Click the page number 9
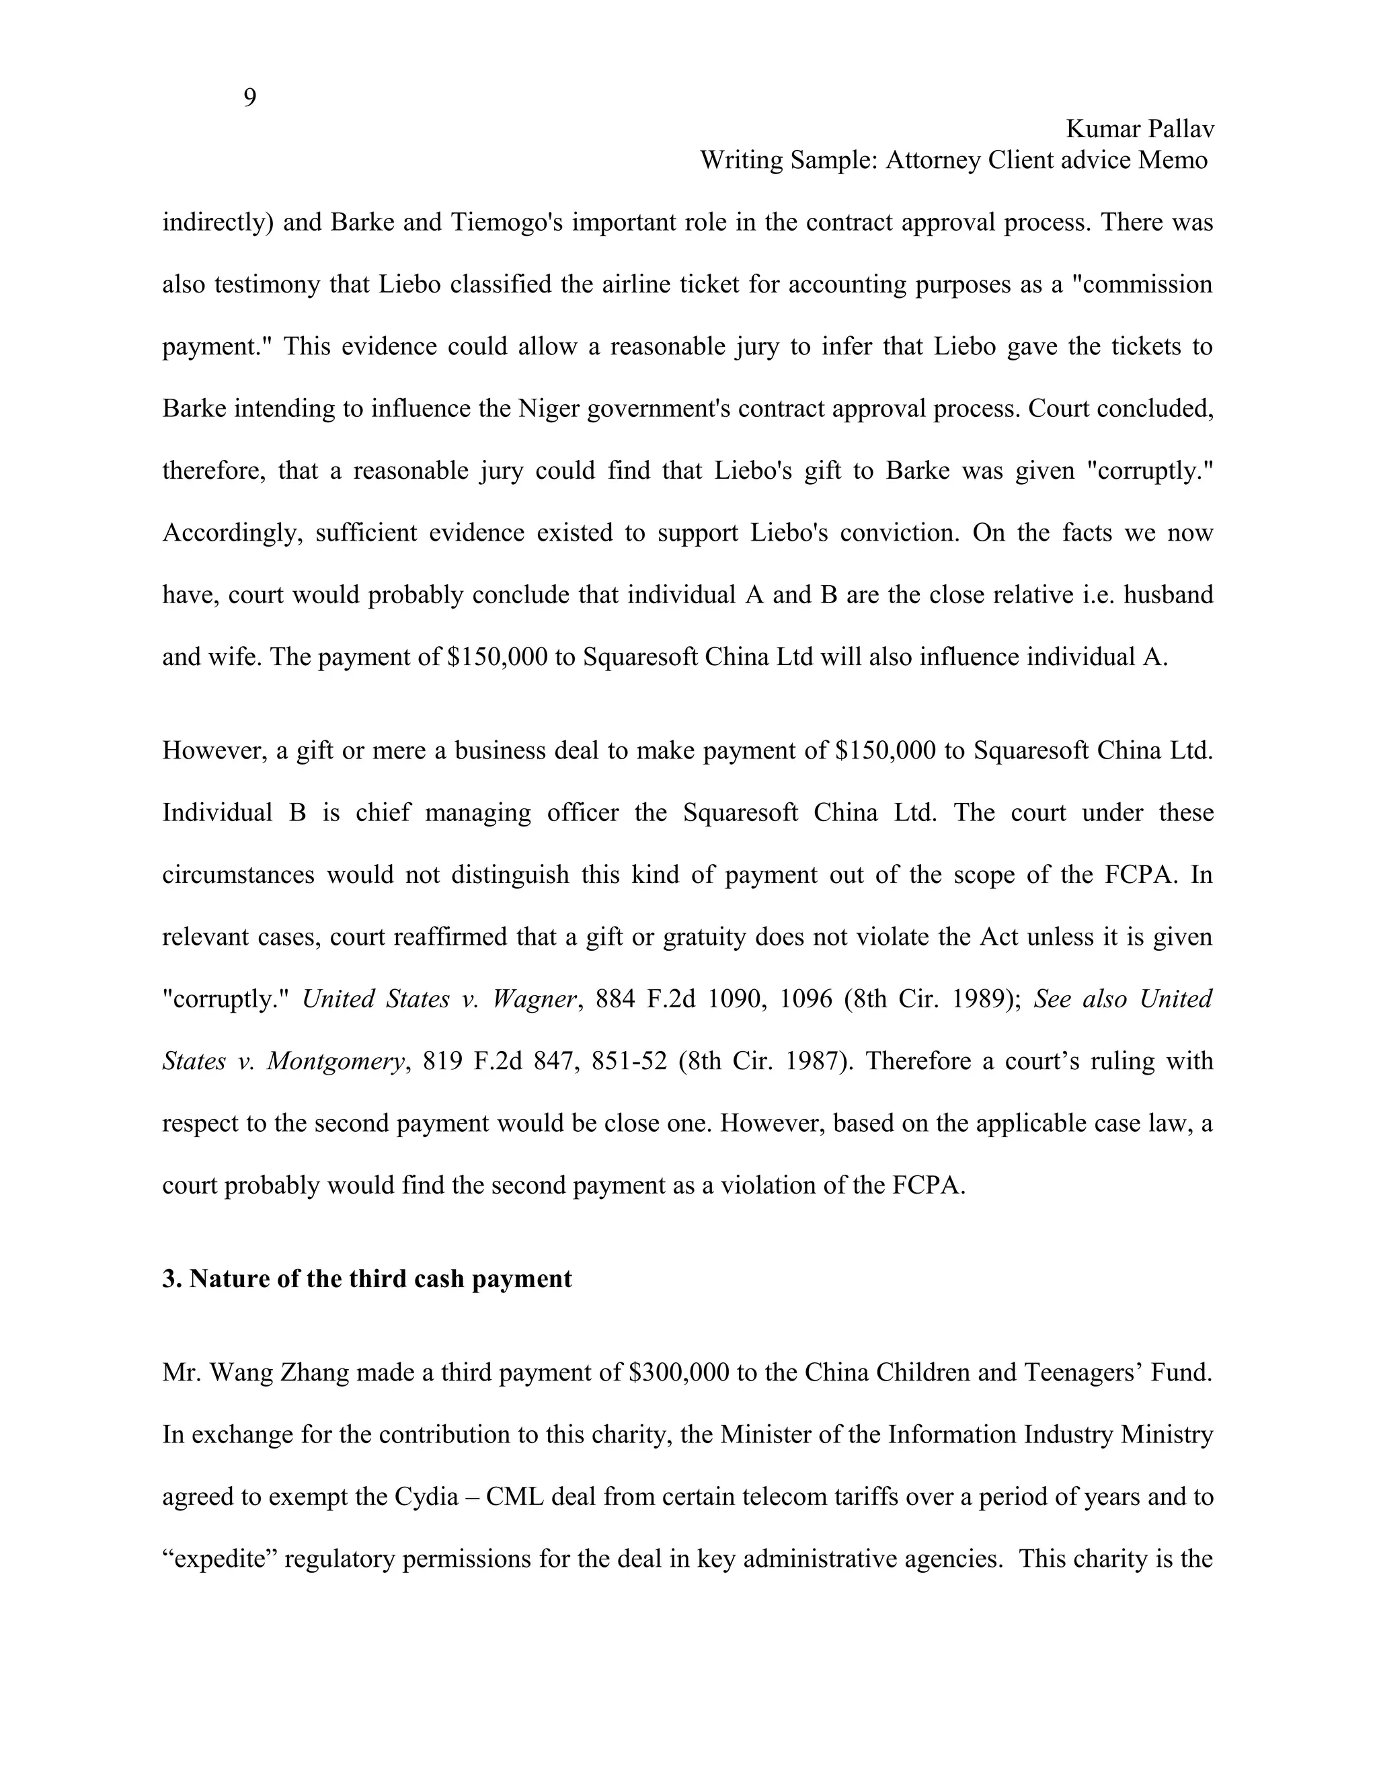pyautogui.click(x=249, y=98)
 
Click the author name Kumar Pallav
pyautogui.click(x=1140, y=129)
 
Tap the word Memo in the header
pyautogui.click(x=1172, y=160)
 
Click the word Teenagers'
pyautogui.click(x=1080, y=1372)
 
